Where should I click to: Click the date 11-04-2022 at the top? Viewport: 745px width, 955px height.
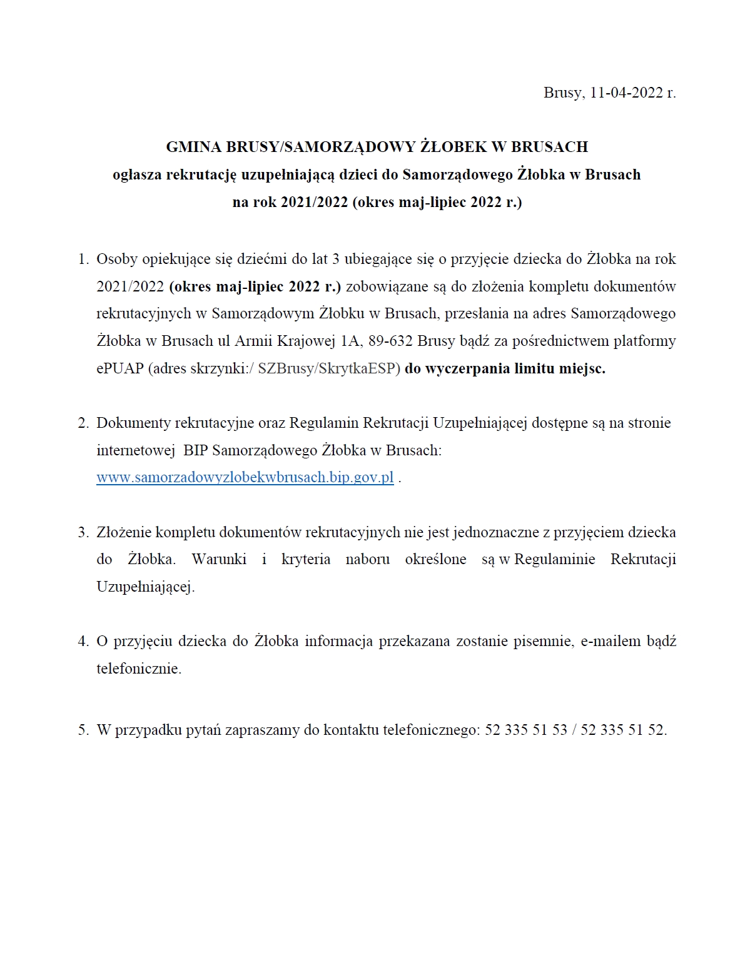tap(626, 93)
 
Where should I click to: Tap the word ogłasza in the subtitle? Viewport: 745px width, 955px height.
tap(137, 174)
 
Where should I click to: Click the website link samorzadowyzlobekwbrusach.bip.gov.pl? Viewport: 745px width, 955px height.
tap(245, 477)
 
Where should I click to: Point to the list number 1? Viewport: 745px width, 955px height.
tap(83, 259)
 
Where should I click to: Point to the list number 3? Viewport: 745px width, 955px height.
tap(83, 532)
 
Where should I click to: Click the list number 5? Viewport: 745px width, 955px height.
tap(83, 730)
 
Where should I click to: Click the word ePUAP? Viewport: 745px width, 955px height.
tap(120, 368)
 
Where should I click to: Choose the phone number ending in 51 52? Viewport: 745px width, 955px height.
tap(623, 730)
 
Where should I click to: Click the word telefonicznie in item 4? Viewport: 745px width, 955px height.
tap(139, 669)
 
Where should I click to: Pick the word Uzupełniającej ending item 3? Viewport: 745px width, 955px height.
tap(145, 587)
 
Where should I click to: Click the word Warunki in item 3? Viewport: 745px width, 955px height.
tap(219, 559)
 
